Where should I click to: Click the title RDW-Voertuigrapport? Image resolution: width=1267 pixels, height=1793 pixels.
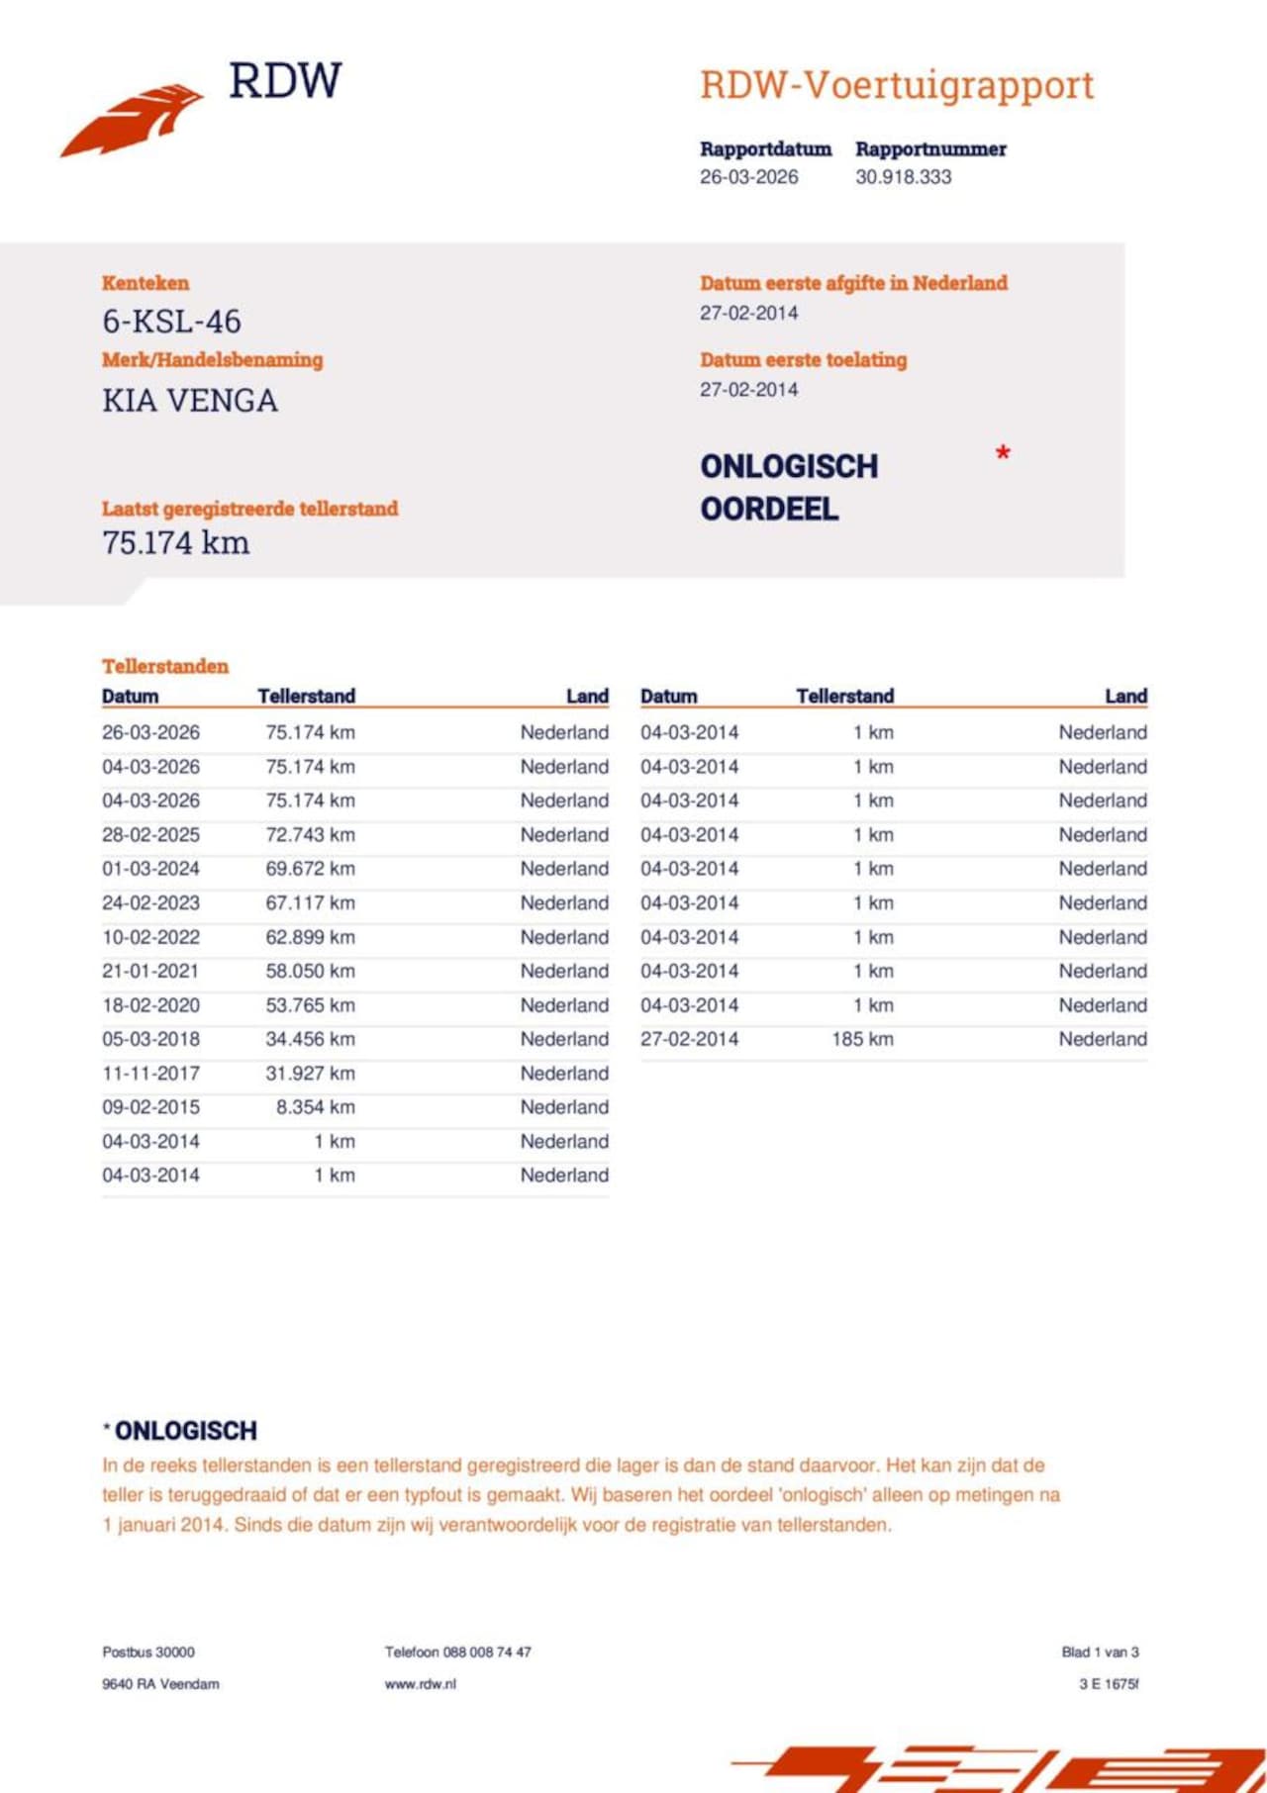point(897,85)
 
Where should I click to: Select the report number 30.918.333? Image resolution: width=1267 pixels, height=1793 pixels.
point(903,177)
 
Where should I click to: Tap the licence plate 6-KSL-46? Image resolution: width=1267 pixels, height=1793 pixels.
point(171,322)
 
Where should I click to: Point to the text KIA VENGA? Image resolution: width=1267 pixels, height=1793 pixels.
point(189,401)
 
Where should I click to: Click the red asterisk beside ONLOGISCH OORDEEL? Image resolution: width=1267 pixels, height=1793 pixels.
point(1003,454)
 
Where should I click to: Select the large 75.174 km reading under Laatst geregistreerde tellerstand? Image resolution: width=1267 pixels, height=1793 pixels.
point(175,542)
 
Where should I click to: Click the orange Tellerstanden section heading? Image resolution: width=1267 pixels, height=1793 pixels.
point(164,666)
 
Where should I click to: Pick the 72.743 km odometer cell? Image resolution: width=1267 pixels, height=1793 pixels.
point(310,834)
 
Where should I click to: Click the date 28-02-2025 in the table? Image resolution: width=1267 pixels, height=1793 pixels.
point(150,834)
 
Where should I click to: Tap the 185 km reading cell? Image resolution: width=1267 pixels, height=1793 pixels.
point(862,1039)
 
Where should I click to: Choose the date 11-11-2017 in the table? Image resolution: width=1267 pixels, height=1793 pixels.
point(150,1073)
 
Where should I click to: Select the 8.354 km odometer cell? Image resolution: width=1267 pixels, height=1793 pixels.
point(315,1107)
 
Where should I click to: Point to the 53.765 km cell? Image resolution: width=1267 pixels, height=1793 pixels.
point(310,1005)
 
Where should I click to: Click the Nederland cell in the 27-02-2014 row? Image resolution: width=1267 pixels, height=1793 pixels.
point(1103,1039)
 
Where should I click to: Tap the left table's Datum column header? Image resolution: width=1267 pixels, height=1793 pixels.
point(130,696)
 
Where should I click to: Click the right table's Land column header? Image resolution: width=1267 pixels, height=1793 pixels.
point(1125,696)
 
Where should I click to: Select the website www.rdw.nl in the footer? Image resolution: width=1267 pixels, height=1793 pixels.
point(421,1684)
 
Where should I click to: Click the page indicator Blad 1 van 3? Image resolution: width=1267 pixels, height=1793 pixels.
point(1100,1651)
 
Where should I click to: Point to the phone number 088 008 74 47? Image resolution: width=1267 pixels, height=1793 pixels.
point(486,1651)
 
